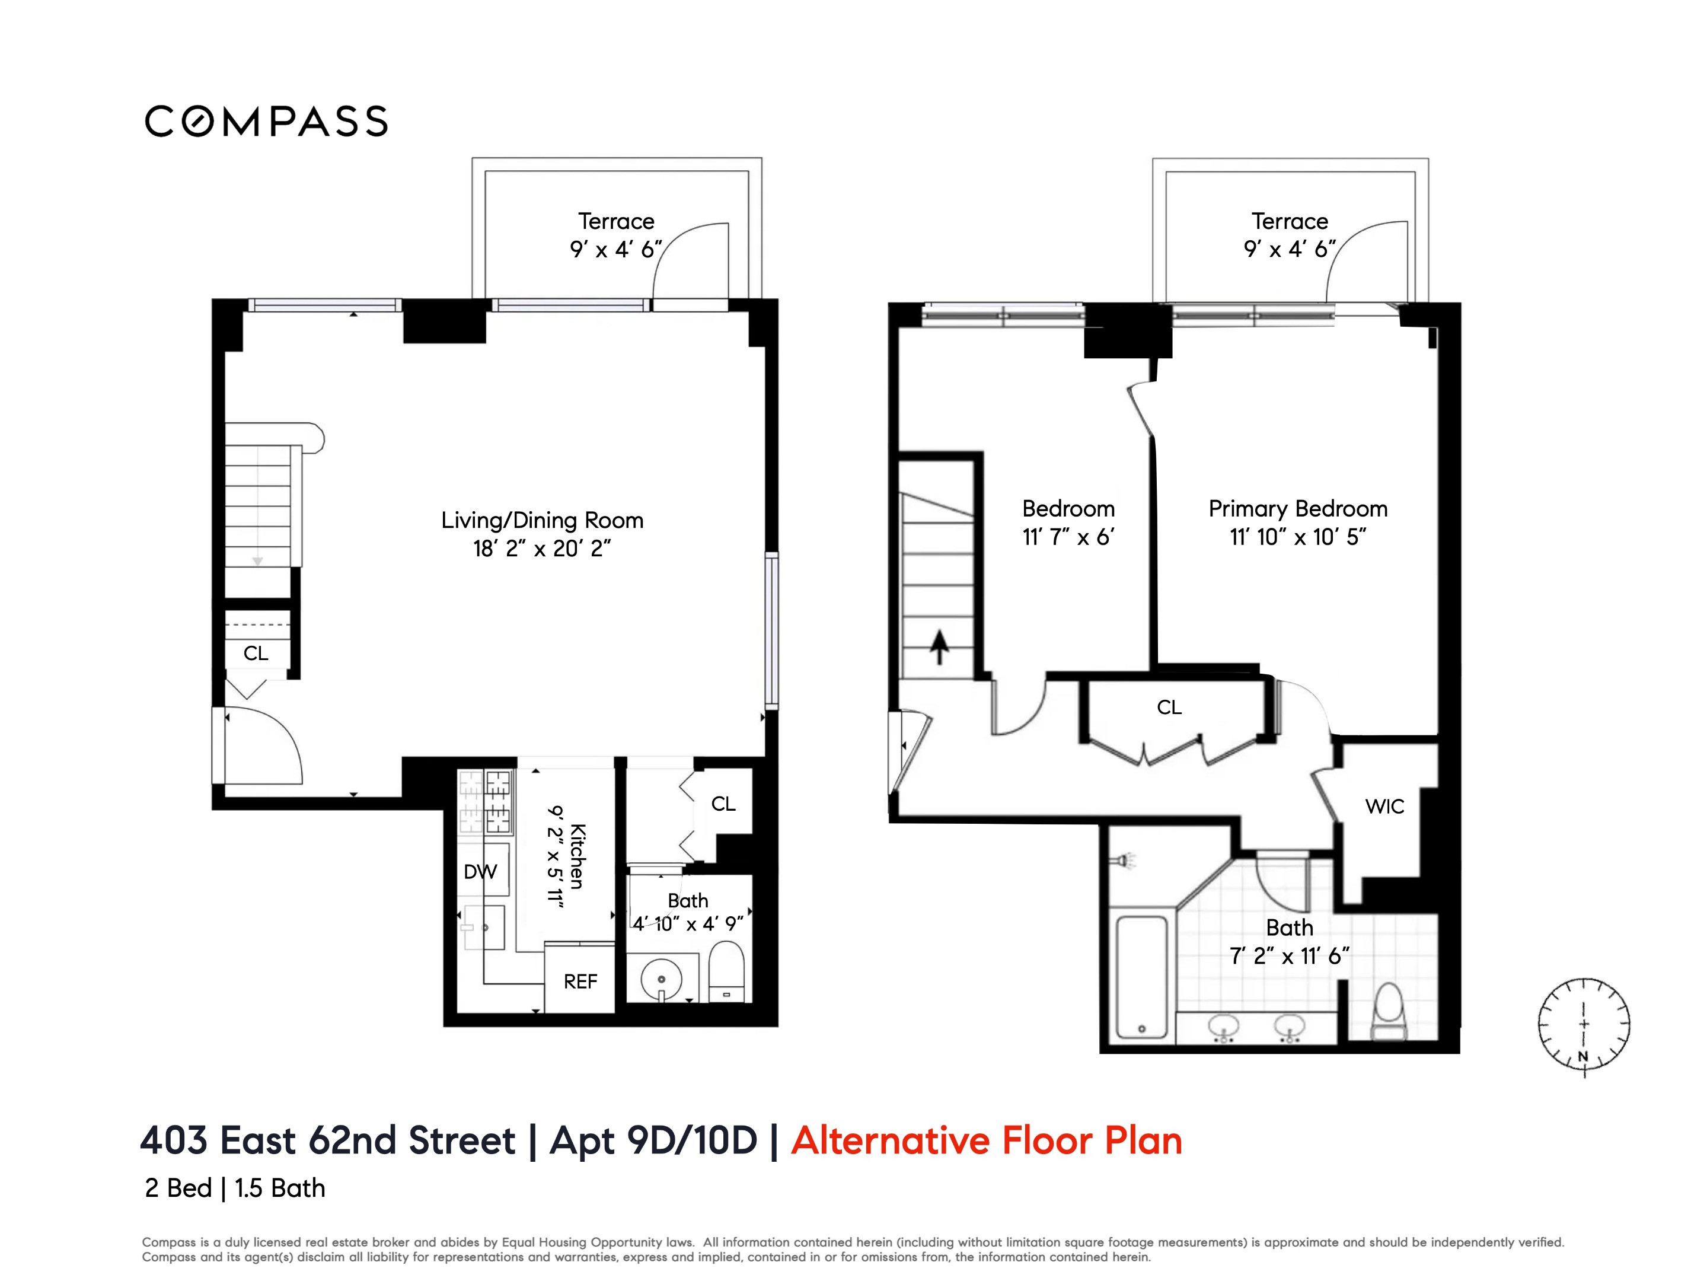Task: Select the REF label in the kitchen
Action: pos(580,982)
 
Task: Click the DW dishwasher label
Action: pos(480,872)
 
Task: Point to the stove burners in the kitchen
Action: pos(486,802)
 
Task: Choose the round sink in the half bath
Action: pos(661,979)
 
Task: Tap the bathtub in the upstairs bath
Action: pos(1141,976)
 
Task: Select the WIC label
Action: pos(1384,807)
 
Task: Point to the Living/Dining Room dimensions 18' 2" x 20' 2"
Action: pos(542,549)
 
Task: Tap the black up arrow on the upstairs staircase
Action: pos(939,646)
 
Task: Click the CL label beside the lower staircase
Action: pos(256,654)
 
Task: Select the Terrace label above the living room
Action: pos(616,221)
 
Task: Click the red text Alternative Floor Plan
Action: pos(986,1140)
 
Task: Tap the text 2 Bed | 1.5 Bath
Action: pos(235,1188)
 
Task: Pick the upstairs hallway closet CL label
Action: pos(1169,708)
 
